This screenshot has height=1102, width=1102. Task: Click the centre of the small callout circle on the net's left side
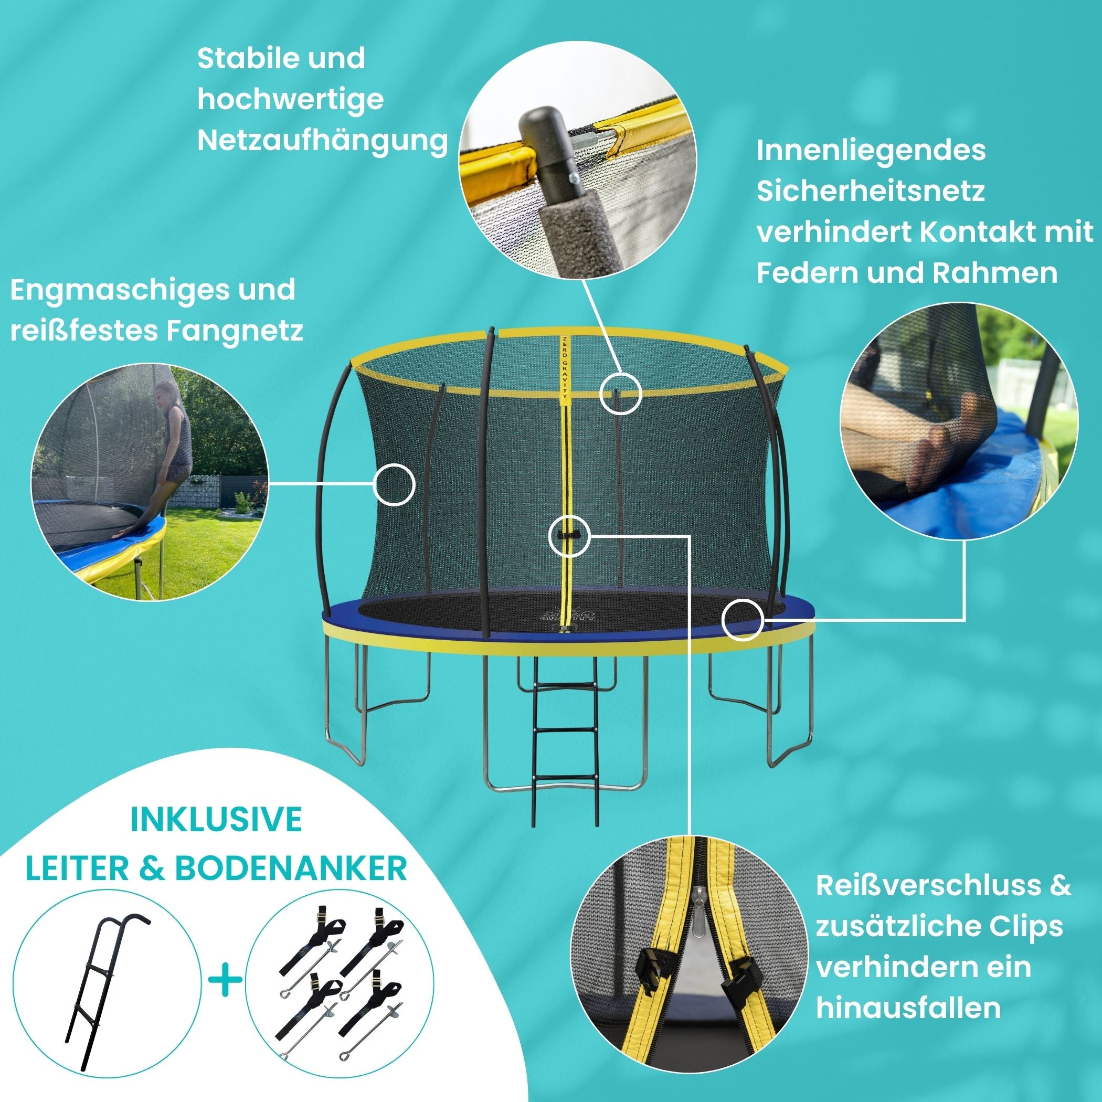(x=394, y=483)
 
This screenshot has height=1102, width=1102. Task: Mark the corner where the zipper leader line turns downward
(x=691, y=536)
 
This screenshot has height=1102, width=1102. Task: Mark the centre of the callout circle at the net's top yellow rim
(x=621, y=393)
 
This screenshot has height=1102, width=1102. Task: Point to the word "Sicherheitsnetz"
(x=871, y=191)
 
